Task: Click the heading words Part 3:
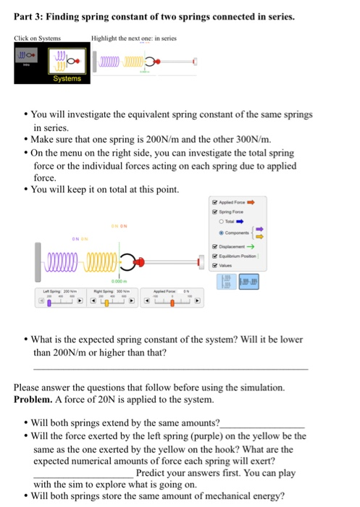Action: click(x=29, y=14)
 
